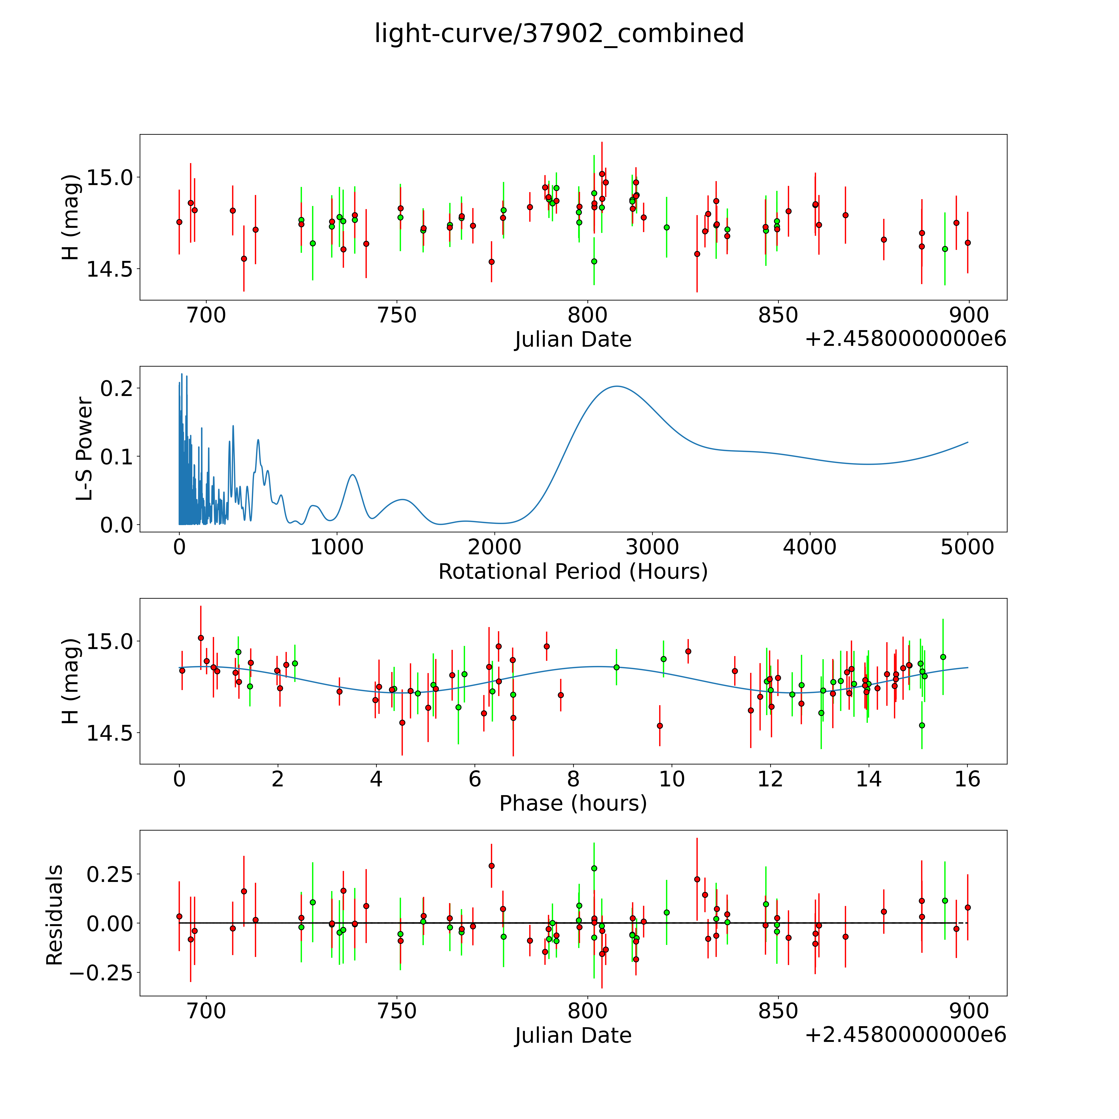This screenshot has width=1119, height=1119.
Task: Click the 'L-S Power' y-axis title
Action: pos(84,449)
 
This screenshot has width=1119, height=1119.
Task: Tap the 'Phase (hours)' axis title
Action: pos(573,803)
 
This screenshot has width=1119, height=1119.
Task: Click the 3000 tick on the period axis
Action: pos(652,547)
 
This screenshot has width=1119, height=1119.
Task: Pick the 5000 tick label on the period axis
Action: pos(967,547)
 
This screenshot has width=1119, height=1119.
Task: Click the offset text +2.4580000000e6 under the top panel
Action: pos(905,339)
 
